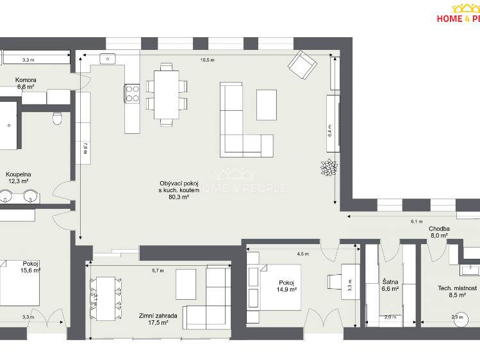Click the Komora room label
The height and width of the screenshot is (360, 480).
pos(26,80)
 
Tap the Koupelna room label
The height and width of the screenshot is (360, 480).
pos(19,174)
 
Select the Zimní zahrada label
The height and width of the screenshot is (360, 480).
pos(154,316)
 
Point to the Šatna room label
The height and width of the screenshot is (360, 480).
pos(390,282)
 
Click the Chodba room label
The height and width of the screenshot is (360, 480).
pos(439,229)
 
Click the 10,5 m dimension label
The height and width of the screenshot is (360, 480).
pos(208,60)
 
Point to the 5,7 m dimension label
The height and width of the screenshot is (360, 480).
pos(158,270)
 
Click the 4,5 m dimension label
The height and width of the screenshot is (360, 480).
pos(302,253)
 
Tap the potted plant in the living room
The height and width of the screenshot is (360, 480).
pos(329,167)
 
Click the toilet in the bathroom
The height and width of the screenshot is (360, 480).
pos(57,118)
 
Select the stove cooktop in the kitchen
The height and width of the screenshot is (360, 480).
pos(132,94)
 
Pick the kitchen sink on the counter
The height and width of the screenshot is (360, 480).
pos(107,59)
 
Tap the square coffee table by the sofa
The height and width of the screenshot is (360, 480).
pos(267,104)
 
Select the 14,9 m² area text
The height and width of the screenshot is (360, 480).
pos(286,290)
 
